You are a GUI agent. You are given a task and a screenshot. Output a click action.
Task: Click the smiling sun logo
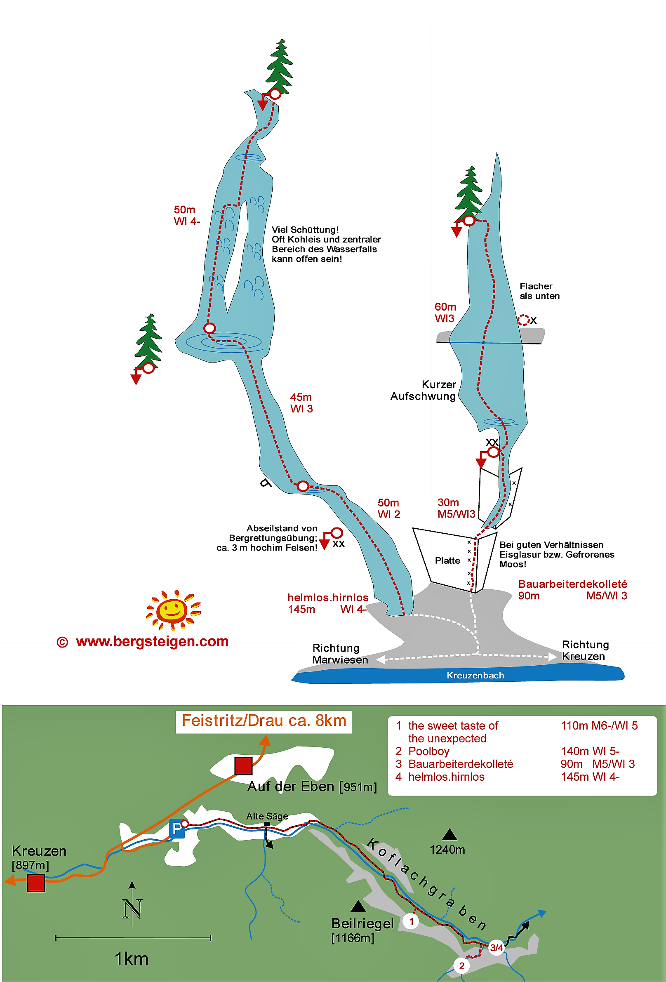[x=173, y=610]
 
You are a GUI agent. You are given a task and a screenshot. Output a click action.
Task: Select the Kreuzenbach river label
[x=475, y=675]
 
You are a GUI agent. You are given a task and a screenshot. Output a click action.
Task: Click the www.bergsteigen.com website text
[x=152, y=641]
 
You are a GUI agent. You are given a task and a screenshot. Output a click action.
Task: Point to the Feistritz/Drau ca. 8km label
[x=264, y=721]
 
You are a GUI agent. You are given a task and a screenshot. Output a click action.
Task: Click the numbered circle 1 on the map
[x=411, y=921]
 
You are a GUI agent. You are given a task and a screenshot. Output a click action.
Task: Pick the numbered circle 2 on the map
[x=461, y=966]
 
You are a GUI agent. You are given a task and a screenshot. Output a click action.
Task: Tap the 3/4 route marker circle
[x=497, y=948]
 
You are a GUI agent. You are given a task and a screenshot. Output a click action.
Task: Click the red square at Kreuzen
[x=36, y=883]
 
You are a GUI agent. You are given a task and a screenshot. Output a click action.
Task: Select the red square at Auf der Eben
[x=243, y=765]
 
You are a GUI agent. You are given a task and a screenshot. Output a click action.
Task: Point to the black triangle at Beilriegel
[x=358, y=906]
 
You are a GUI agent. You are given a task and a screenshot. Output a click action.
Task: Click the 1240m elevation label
[x=447, y=849]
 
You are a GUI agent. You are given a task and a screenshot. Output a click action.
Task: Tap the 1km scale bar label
[x=132, y=959]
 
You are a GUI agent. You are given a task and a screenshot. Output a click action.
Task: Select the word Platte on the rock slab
[x=447, y=560]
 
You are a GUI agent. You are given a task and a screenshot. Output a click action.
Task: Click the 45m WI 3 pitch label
[x=301, y=403]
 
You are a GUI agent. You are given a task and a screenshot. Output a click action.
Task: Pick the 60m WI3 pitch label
[x=445, y=312]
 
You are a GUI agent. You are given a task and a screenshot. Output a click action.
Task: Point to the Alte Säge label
[x=267, y=816]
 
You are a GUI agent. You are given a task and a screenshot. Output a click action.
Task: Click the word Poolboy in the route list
[x=428, y=751]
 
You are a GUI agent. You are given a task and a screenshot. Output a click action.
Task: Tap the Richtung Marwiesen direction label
[x=340, y=654]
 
